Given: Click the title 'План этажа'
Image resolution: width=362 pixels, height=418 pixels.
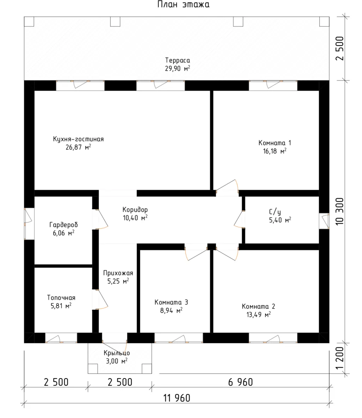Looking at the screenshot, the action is pos(183,4).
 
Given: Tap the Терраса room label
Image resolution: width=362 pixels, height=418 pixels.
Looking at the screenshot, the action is pos(177,60).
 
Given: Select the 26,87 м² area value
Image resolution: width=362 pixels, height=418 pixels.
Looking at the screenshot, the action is pos(78,147).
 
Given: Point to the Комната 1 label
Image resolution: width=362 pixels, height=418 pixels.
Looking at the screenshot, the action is pos(275,142).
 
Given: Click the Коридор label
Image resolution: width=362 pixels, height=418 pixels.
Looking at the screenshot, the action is pos(135,209).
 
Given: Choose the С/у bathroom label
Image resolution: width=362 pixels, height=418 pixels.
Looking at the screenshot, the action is pos(275,212).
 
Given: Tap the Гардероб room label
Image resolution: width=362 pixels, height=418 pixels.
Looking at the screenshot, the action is pos(63,225).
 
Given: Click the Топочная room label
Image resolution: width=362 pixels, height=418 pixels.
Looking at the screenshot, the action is pos(61,298).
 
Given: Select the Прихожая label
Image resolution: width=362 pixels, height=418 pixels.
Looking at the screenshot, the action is pos(118,273).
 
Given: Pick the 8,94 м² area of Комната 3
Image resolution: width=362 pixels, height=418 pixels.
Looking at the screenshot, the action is pos(171,310).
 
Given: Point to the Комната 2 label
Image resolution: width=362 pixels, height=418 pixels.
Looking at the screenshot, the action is pos(258,306).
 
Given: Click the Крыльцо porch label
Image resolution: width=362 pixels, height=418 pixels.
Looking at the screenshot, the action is pos(117,353).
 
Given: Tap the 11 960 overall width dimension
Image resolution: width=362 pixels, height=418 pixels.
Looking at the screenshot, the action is pos(177,398).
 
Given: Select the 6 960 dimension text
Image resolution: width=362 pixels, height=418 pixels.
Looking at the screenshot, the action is pos(240,382).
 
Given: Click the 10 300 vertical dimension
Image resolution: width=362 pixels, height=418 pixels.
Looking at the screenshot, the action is pos(340,211).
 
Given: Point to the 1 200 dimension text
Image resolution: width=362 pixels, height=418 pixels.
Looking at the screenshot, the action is pos(340,358).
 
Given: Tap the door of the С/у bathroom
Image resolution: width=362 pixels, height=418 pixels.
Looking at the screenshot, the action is pos(239,219).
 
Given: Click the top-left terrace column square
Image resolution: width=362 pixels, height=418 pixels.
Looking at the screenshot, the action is pos(29,22).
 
